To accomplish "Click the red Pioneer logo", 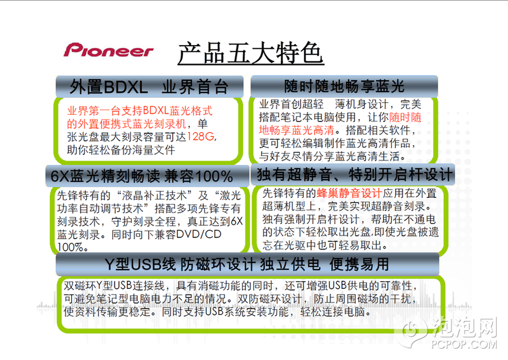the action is point(108,50).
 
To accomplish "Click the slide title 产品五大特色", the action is point(251,52).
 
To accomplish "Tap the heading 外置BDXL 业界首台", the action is point(149,87).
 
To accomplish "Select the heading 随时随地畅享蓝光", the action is point(344,86).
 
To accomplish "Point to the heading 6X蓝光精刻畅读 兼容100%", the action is point(142,176).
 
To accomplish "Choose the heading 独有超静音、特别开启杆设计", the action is point(355,174).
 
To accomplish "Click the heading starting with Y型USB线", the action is point(247,264).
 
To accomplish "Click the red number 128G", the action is point(201,137).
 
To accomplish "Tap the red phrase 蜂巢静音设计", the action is point(350,193).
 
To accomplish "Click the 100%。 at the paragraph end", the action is point(73,247).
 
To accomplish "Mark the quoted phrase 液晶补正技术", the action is point(154,195).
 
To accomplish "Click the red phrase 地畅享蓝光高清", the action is point(297,130).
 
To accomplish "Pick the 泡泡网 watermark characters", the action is point(465,327).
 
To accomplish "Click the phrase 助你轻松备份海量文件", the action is point(121,150).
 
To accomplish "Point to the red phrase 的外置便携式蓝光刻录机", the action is point(126,124).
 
